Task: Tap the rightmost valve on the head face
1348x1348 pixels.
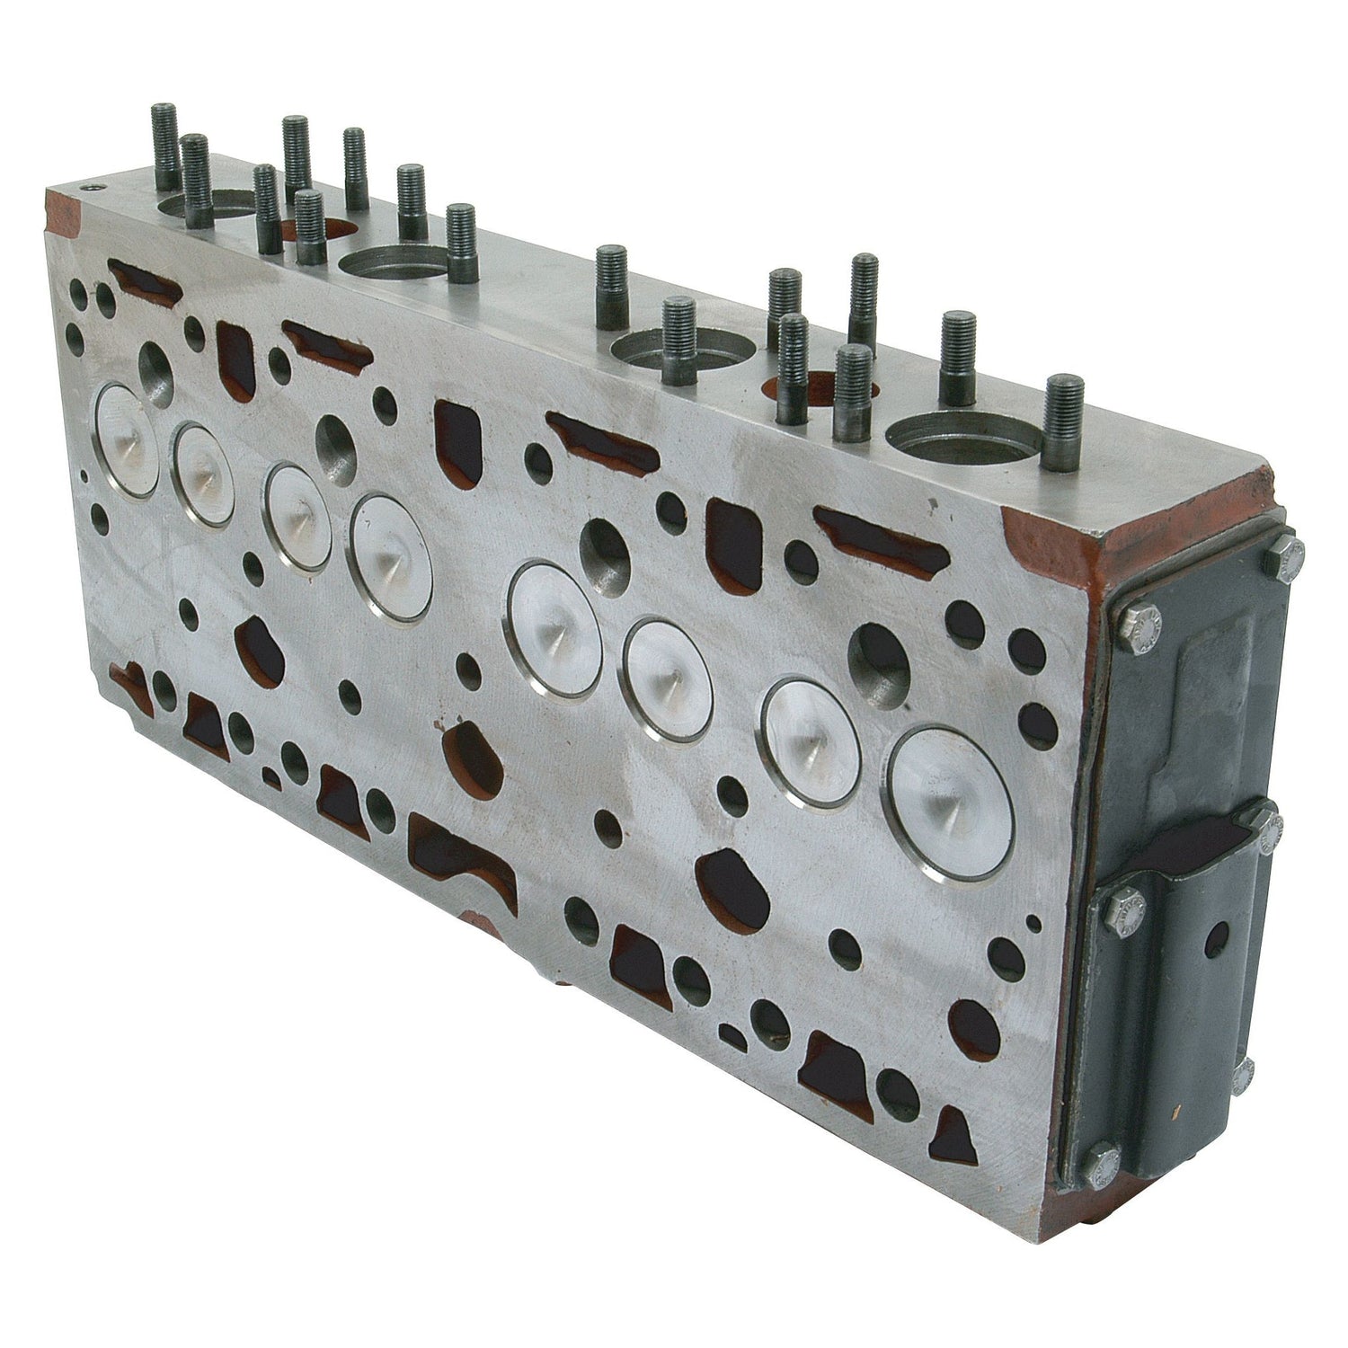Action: click(947, 803)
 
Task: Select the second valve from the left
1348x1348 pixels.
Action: click(203, 474)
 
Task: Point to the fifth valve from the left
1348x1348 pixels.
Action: click(554, 629)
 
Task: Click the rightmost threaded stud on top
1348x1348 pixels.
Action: click(1064, 422)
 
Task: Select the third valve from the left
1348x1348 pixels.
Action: click(297, 516)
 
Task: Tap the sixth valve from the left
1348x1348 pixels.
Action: click(668, 679)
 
